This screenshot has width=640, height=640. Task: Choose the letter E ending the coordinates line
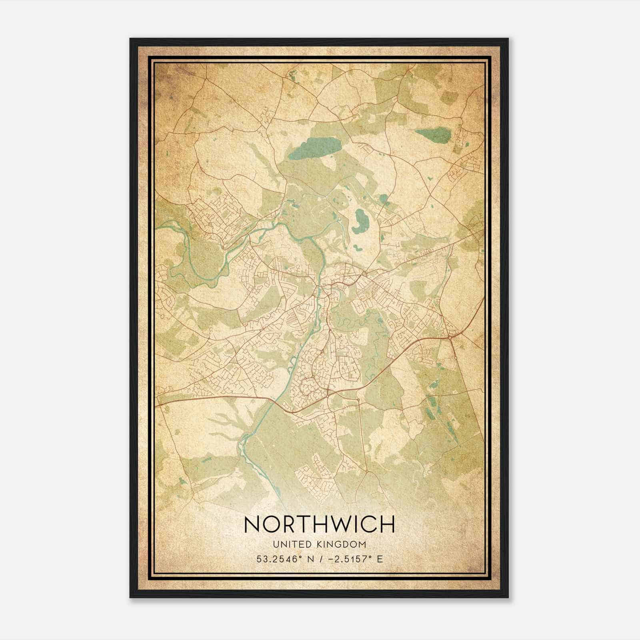tap(380, 559)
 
